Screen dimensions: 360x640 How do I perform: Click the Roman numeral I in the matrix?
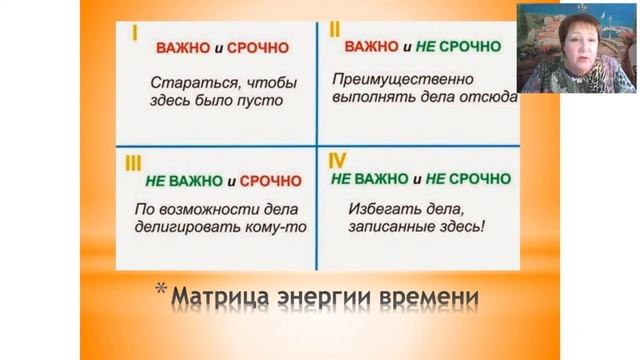click(x=133, y=33)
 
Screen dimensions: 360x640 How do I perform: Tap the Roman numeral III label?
click(x=133, y=161)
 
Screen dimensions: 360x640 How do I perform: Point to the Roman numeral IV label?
click(x=336, y=160)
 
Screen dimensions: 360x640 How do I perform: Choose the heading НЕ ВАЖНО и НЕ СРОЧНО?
click(x=422, y=181)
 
